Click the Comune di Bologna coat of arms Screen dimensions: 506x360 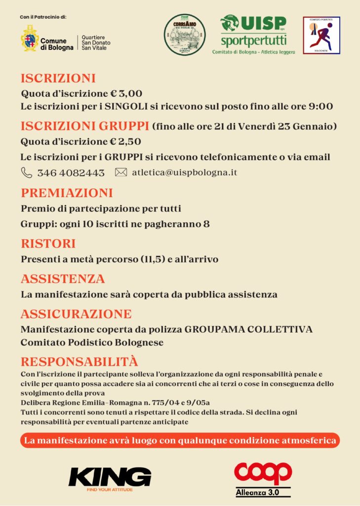(30, 38)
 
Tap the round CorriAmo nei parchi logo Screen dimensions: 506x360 (184, 35)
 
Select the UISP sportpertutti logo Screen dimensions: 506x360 (253, 34)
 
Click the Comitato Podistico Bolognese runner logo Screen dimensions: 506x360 (321, 35)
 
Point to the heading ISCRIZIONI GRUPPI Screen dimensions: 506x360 (85, 126)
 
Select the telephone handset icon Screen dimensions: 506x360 (26, 172)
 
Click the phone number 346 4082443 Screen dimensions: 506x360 (71, 173)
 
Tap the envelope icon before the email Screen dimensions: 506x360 (121, 172)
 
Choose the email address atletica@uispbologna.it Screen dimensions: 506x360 (185, 172)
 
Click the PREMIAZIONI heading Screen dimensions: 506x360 (67, 193)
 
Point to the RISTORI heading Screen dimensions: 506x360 (48, 244)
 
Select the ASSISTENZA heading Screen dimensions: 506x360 (63, 279)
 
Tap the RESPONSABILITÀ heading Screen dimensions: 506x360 (79, 362)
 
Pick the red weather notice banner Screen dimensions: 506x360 (180, 440)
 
